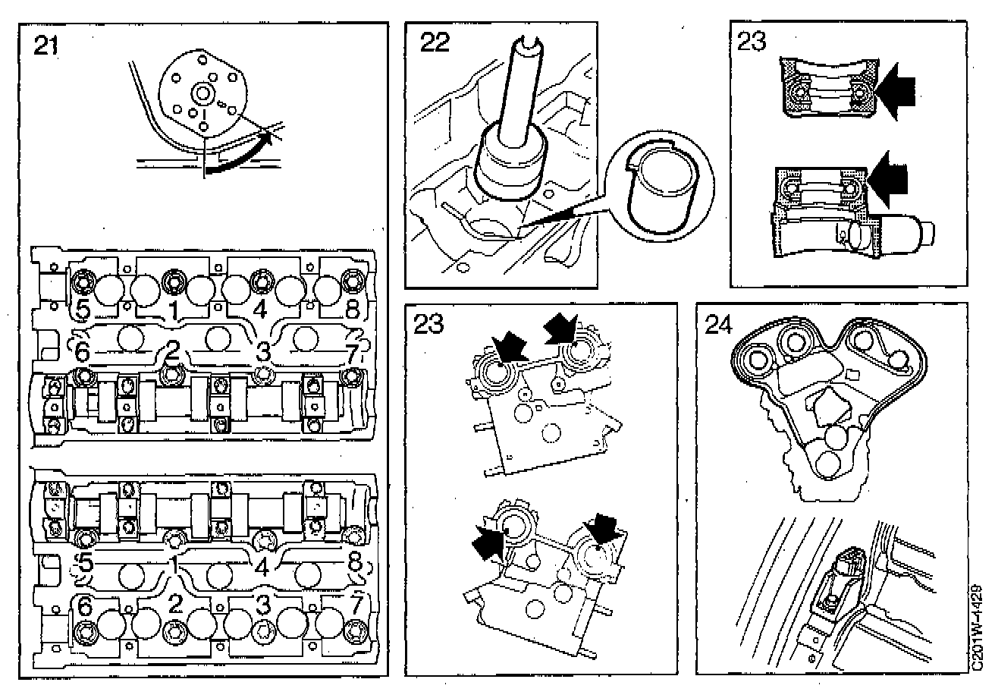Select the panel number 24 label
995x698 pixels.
click(x=720, y=325)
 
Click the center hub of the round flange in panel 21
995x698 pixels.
click(x=202, y=95)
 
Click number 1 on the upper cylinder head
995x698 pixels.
click(x=174, y=310)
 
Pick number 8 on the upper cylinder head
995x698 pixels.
click(x=351, y=310)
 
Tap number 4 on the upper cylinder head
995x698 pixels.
click(x=260, y=310)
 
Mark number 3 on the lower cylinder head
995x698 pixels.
click(x=262, y=605)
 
